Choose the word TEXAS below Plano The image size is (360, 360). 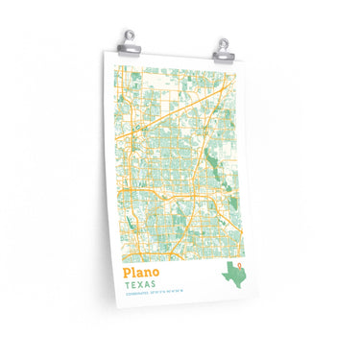pos(140,286)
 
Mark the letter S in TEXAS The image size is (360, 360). pos(155,287)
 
